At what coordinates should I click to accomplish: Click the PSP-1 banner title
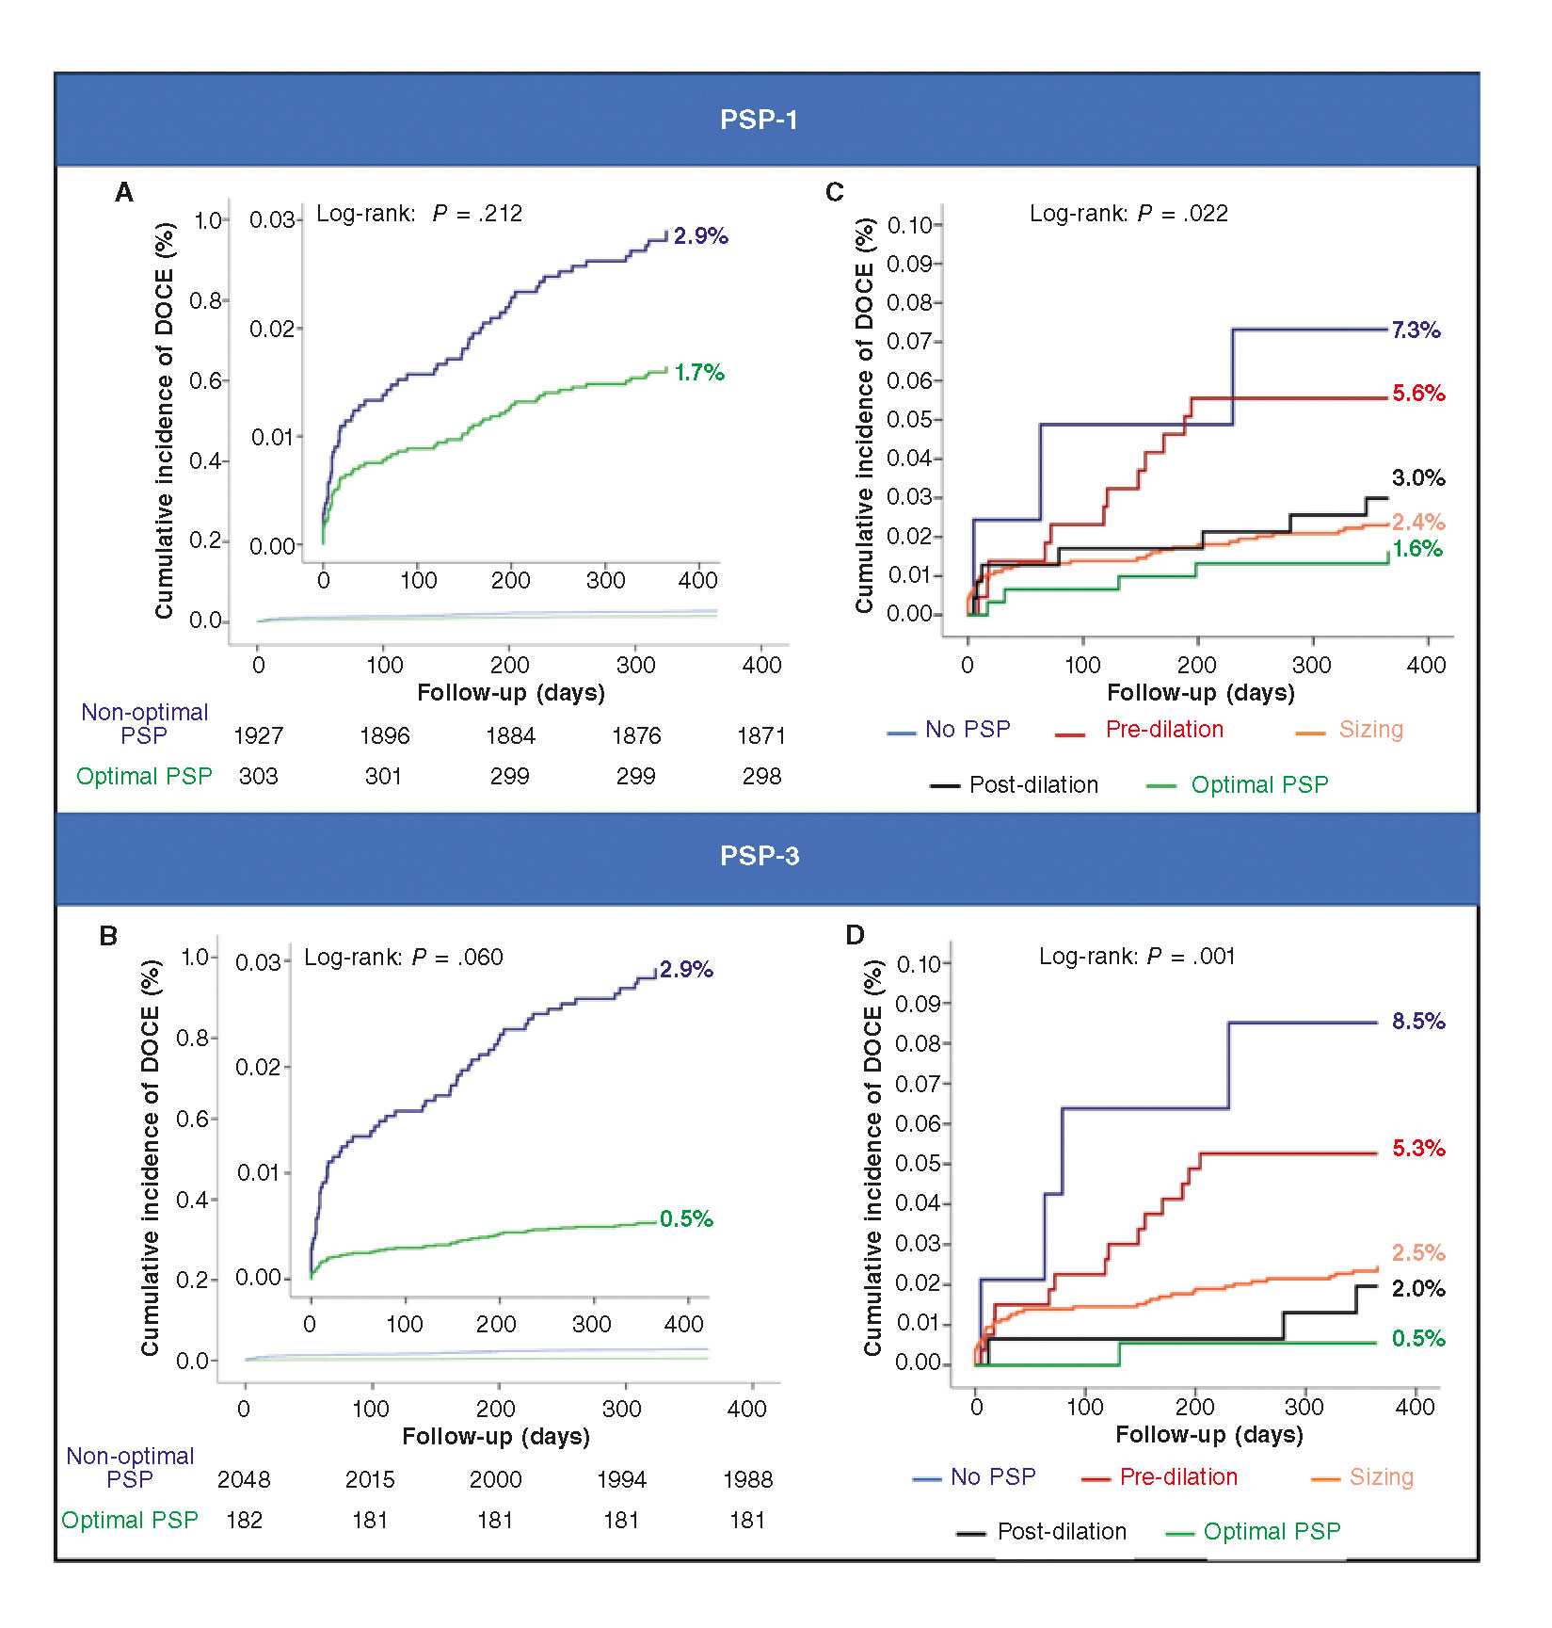tap(759, 120)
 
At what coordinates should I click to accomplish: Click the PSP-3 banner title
tap(759, 856)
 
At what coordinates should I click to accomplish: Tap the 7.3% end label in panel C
tap(1416, 330)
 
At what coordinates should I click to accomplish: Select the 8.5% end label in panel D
tap(1418, 1022)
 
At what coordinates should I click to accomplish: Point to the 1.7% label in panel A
tap(699, 373)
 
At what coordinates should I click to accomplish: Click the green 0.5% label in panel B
tap(686, 1219)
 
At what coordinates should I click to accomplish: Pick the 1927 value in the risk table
tap(258, 736)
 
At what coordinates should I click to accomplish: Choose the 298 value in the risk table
tap(761, 777)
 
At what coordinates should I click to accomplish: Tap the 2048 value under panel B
tap(244, 1480)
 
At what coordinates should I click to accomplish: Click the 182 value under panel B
tap(244, 1521)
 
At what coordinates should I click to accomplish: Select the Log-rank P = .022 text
tap(1128, 214)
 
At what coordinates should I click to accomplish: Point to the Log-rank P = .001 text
tap(1136, 957)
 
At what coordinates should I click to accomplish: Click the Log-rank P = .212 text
tap(419, 214)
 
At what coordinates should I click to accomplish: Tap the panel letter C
tap(835, 192)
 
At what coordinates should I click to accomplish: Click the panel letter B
tap(109, 936)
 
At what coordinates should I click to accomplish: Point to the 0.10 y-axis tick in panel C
tap(909, 225)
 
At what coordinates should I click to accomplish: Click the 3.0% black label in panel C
tap(1417, 478)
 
